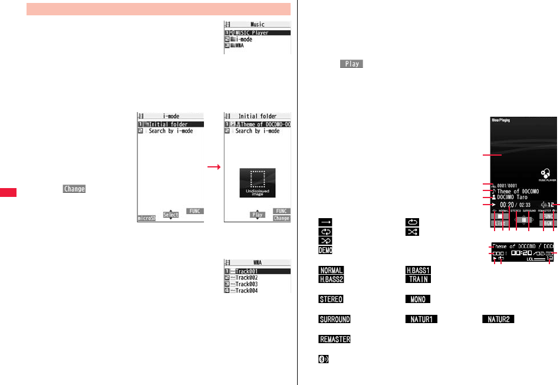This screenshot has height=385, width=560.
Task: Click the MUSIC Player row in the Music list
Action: (258, 33)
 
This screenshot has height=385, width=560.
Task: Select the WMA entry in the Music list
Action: (258, 45)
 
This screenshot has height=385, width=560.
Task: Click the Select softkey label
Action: (171, 215)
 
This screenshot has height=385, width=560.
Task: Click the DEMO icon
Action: (325, 250)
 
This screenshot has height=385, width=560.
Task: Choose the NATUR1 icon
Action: (420, 319)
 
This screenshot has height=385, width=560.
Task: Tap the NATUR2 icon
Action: (499, 319)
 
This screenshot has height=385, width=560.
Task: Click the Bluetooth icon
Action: (324, 359)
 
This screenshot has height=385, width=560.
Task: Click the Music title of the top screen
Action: (258, 25)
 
